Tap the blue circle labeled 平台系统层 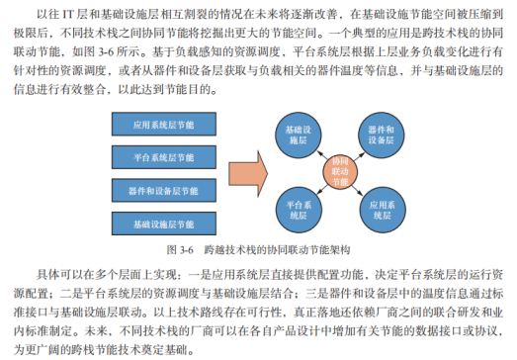click(299, 206)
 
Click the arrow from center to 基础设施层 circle click(319, 153)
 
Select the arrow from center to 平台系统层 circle click(319, 188)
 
